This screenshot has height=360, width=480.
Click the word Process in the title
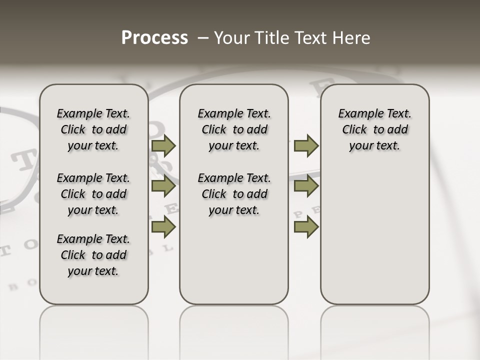pyautogui.click(x=154, y=38)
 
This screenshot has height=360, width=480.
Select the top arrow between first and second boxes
pyautogui.click(x=163, y=145)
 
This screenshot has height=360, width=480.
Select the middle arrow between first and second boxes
pyautogui.click(x=163, y=186)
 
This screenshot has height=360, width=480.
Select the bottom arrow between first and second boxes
pyautogui.click(x=163, y=227)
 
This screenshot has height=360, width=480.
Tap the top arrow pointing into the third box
pyautogui.click(x=306, y=145)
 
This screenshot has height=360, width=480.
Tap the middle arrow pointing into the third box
pyautogui.click(x=306, y=186)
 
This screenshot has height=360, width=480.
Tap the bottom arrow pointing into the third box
pyautogui.click(x=306, y=227)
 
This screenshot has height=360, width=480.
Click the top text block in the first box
pyautogui.click(x=93, y=129)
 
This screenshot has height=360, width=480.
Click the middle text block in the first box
pyautogui.click(x=93, y=194)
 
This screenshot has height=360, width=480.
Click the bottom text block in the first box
pyautogui.click(x=93, y=255)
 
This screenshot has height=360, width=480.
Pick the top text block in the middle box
pyautogui.click(x=234, y=129)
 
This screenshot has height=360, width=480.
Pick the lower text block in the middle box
pyautogui.click(x=234, y=194)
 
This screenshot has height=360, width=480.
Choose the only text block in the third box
pyautogui.click(x=374, y=129)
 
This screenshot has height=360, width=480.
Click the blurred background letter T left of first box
pyautogui.click(x=21, y=161)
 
